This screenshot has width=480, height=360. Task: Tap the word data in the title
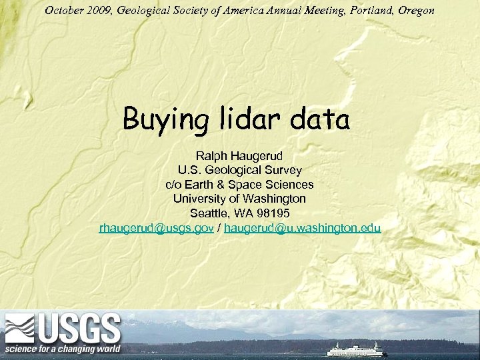[x=321, y=120]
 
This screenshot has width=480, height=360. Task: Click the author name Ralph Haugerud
[x=239, y=155]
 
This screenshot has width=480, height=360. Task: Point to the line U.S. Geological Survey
[x=239, y=170]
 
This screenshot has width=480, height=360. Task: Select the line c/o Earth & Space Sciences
[x=239, y=184]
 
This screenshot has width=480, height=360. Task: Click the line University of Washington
[x=239, y=199]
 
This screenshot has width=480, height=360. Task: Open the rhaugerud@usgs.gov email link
[x=157, y=228]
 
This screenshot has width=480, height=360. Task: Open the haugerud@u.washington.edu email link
[x=303, y=228]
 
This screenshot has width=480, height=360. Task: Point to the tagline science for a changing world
[x=63, y=349]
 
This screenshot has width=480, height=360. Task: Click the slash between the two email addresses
[x=219, y=228]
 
